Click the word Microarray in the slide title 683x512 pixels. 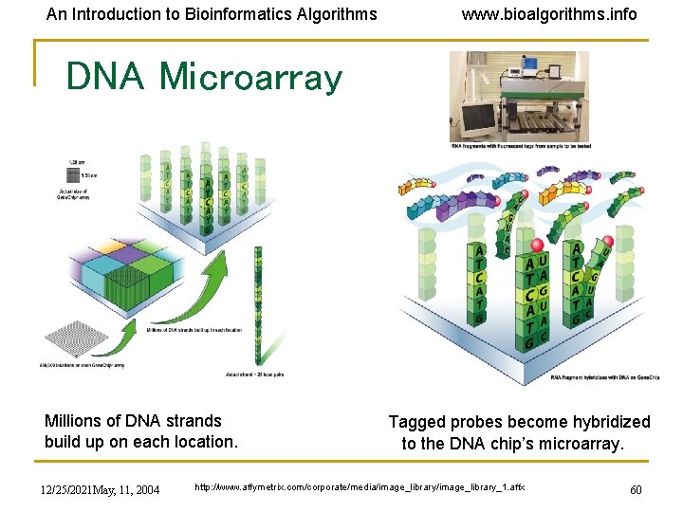pos(251,77)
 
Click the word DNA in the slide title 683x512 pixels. pos(105,77)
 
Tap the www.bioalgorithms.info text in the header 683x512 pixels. pos(549,14)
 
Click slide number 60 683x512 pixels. pos(637,489)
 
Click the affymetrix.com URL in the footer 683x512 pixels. pos(359,487)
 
